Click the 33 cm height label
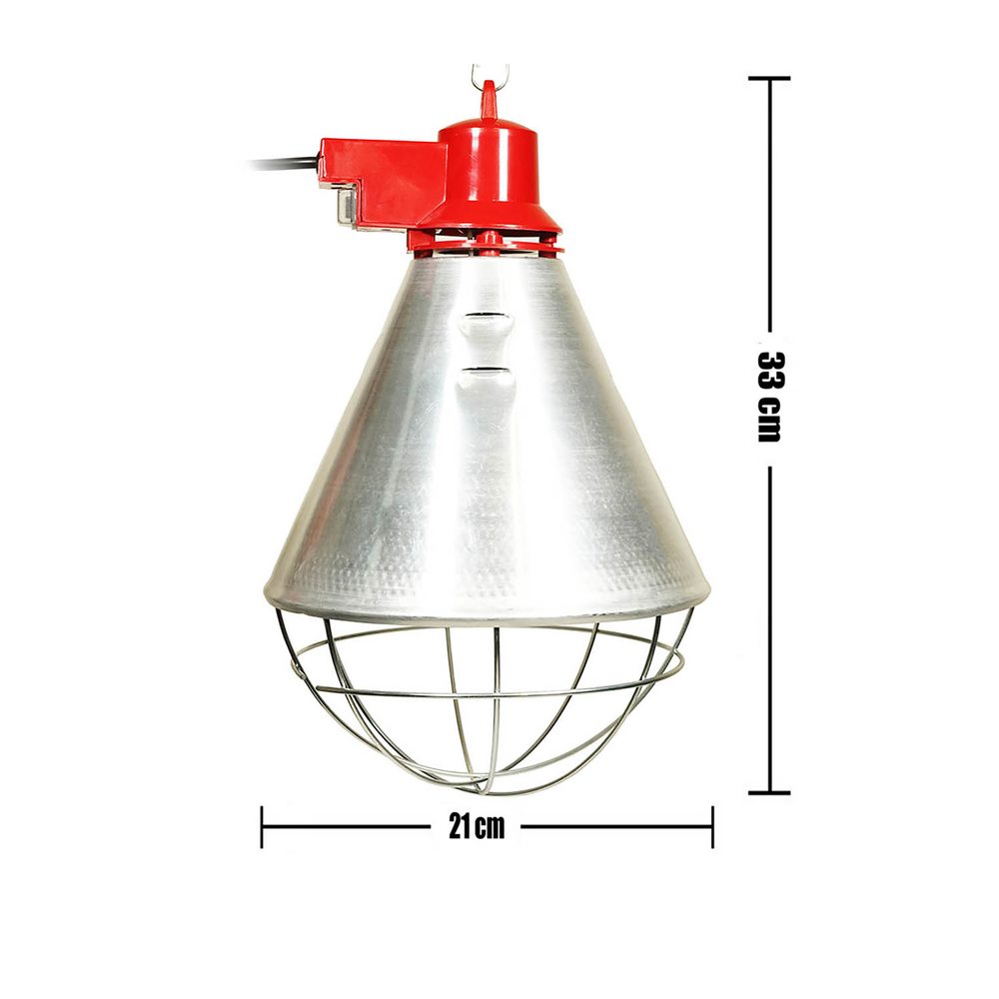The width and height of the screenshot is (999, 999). [x=769, y=397]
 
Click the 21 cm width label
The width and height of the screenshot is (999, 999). [x=477, y=827]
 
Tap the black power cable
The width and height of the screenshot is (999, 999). [x=284, y=164]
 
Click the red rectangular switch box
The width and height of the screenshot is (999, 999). [x=383, y=182]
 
